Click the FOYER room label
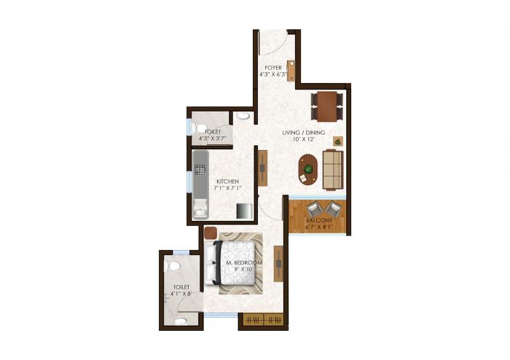(273, 67)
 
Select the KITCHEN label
(227, 181)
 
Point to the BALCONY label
(318, 219)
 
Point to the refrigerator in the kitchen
(242, 209)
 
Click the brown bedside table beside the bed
(209, 233)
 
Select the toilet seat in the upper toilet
(200, 129)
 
